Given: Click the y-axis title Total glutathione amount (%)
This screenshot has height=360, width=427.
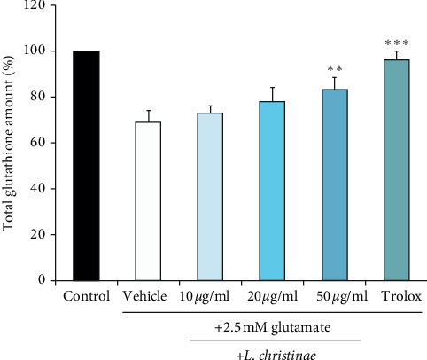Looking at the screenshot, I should pyautogui.click(x=10, y=142).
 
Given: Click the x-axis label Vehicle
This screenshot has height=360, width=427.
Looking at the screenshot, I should pyautogui.click(x=148, y=295).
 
